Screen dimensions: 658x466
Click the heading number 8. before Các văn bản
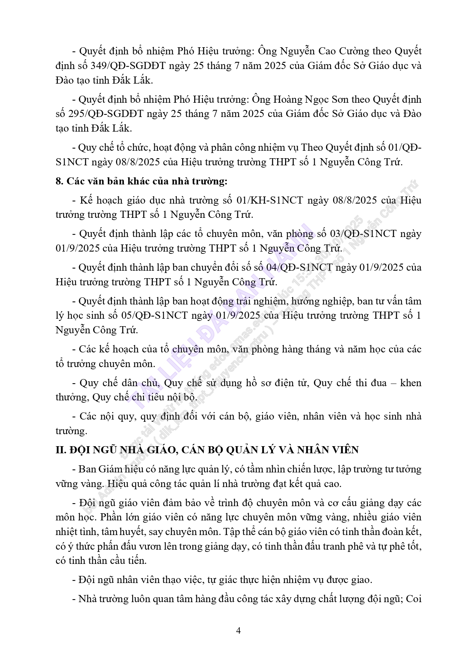[x=60, y=181]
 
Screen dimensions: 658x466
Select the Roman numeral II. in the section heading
[x=61, y=450]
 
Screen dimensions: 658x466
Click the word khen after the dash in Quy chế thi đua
[x=411, y=383]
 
